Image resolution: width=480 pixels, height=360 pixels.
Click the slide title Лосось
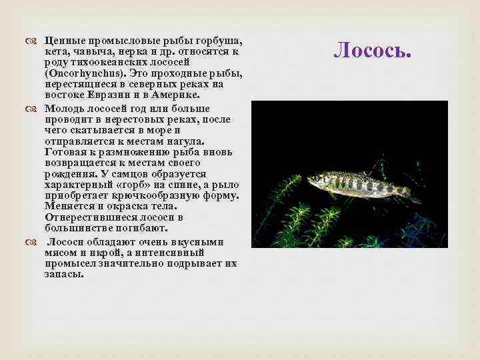(371, 49)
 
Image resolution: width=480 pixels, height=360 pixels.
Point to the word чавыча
(87, 51)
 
